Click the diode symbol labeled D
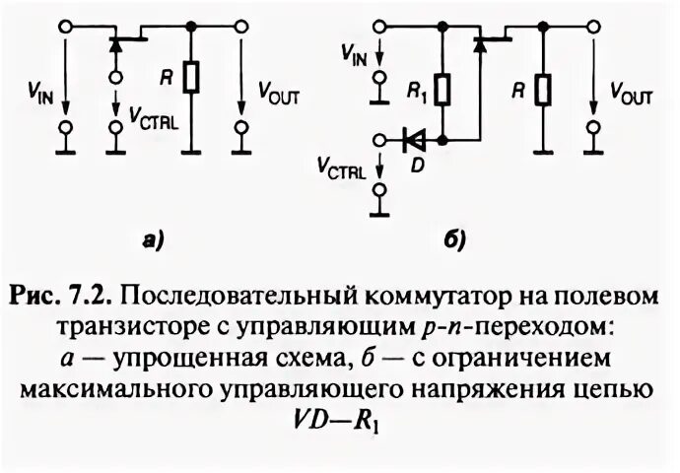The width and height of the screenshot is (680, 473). tap(413, 139)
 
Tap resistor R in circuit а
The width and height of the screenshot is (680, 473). tap(193, 77)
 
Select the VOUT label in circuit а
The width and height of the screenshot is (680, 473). tap(276, 96)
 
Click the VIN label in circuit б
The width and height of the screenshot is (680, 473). tap(353, 56)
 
